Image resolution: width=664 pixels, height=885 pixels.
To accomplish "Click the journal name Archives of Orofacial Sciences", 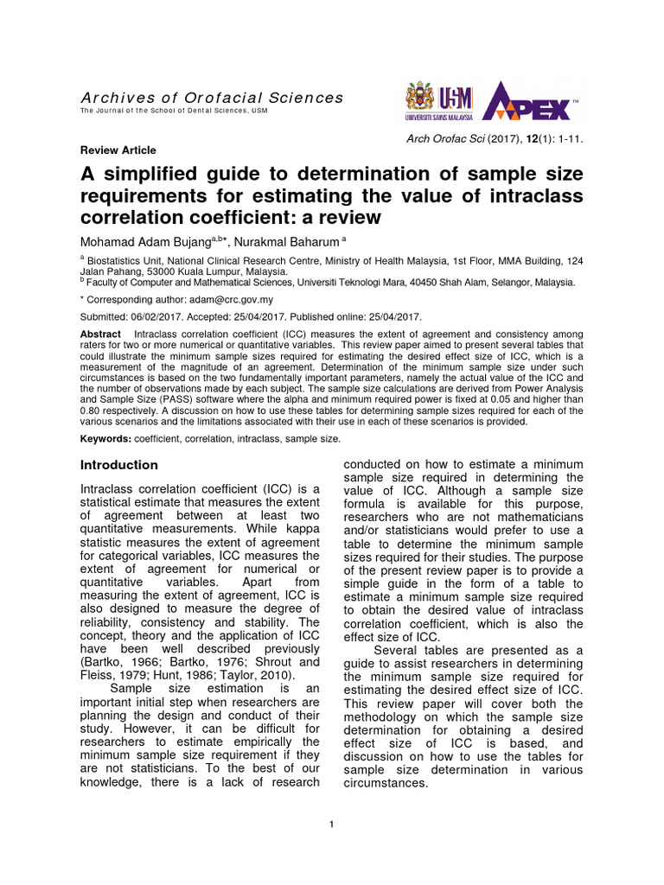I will [x=212, y=98].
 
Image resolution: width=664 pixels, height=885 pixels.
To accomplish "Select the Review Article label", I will [x=118, y=150].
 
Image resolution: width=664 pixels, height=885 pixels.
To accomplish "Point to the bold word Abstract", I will [x=100, y=334].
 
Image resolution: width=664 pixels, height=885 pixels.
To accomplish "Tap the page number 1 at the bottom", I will [x=331, y=824].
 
